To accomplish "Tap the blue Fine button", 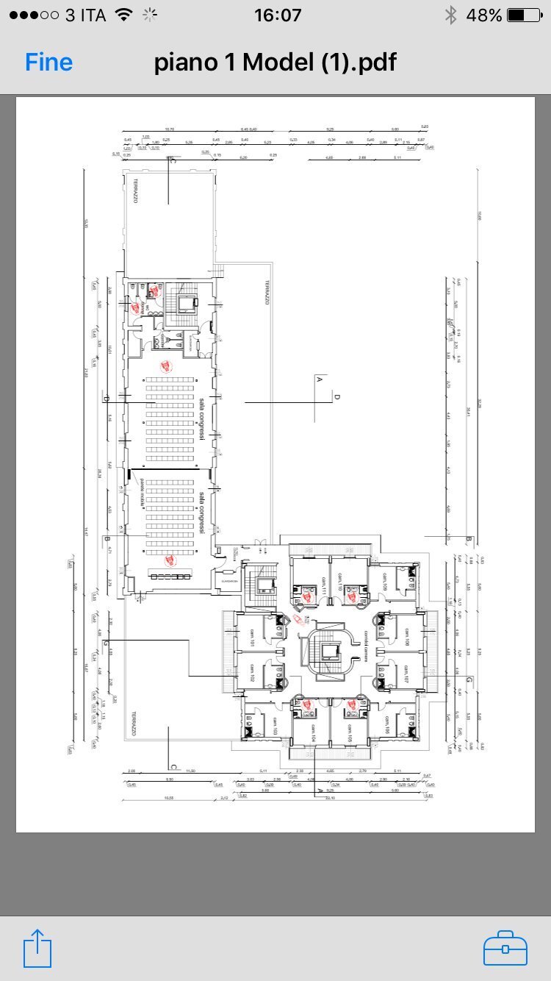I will pos(48,63).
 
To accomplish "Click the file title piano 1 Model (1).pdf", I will pos(275,63).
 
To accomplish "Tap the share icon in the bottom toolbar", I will pos(38,949).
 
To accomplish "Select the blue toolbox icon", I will pos(505,949).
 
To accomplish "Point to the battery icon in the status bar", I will pos(524,15).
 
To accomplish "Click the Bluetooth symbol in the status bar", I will pos(451,15).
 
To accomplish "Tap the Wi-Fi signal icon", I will pos(124,15).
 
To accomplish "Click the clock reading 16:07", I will pos(277,15).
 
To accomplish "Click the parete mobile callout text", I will pos(140,492).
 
